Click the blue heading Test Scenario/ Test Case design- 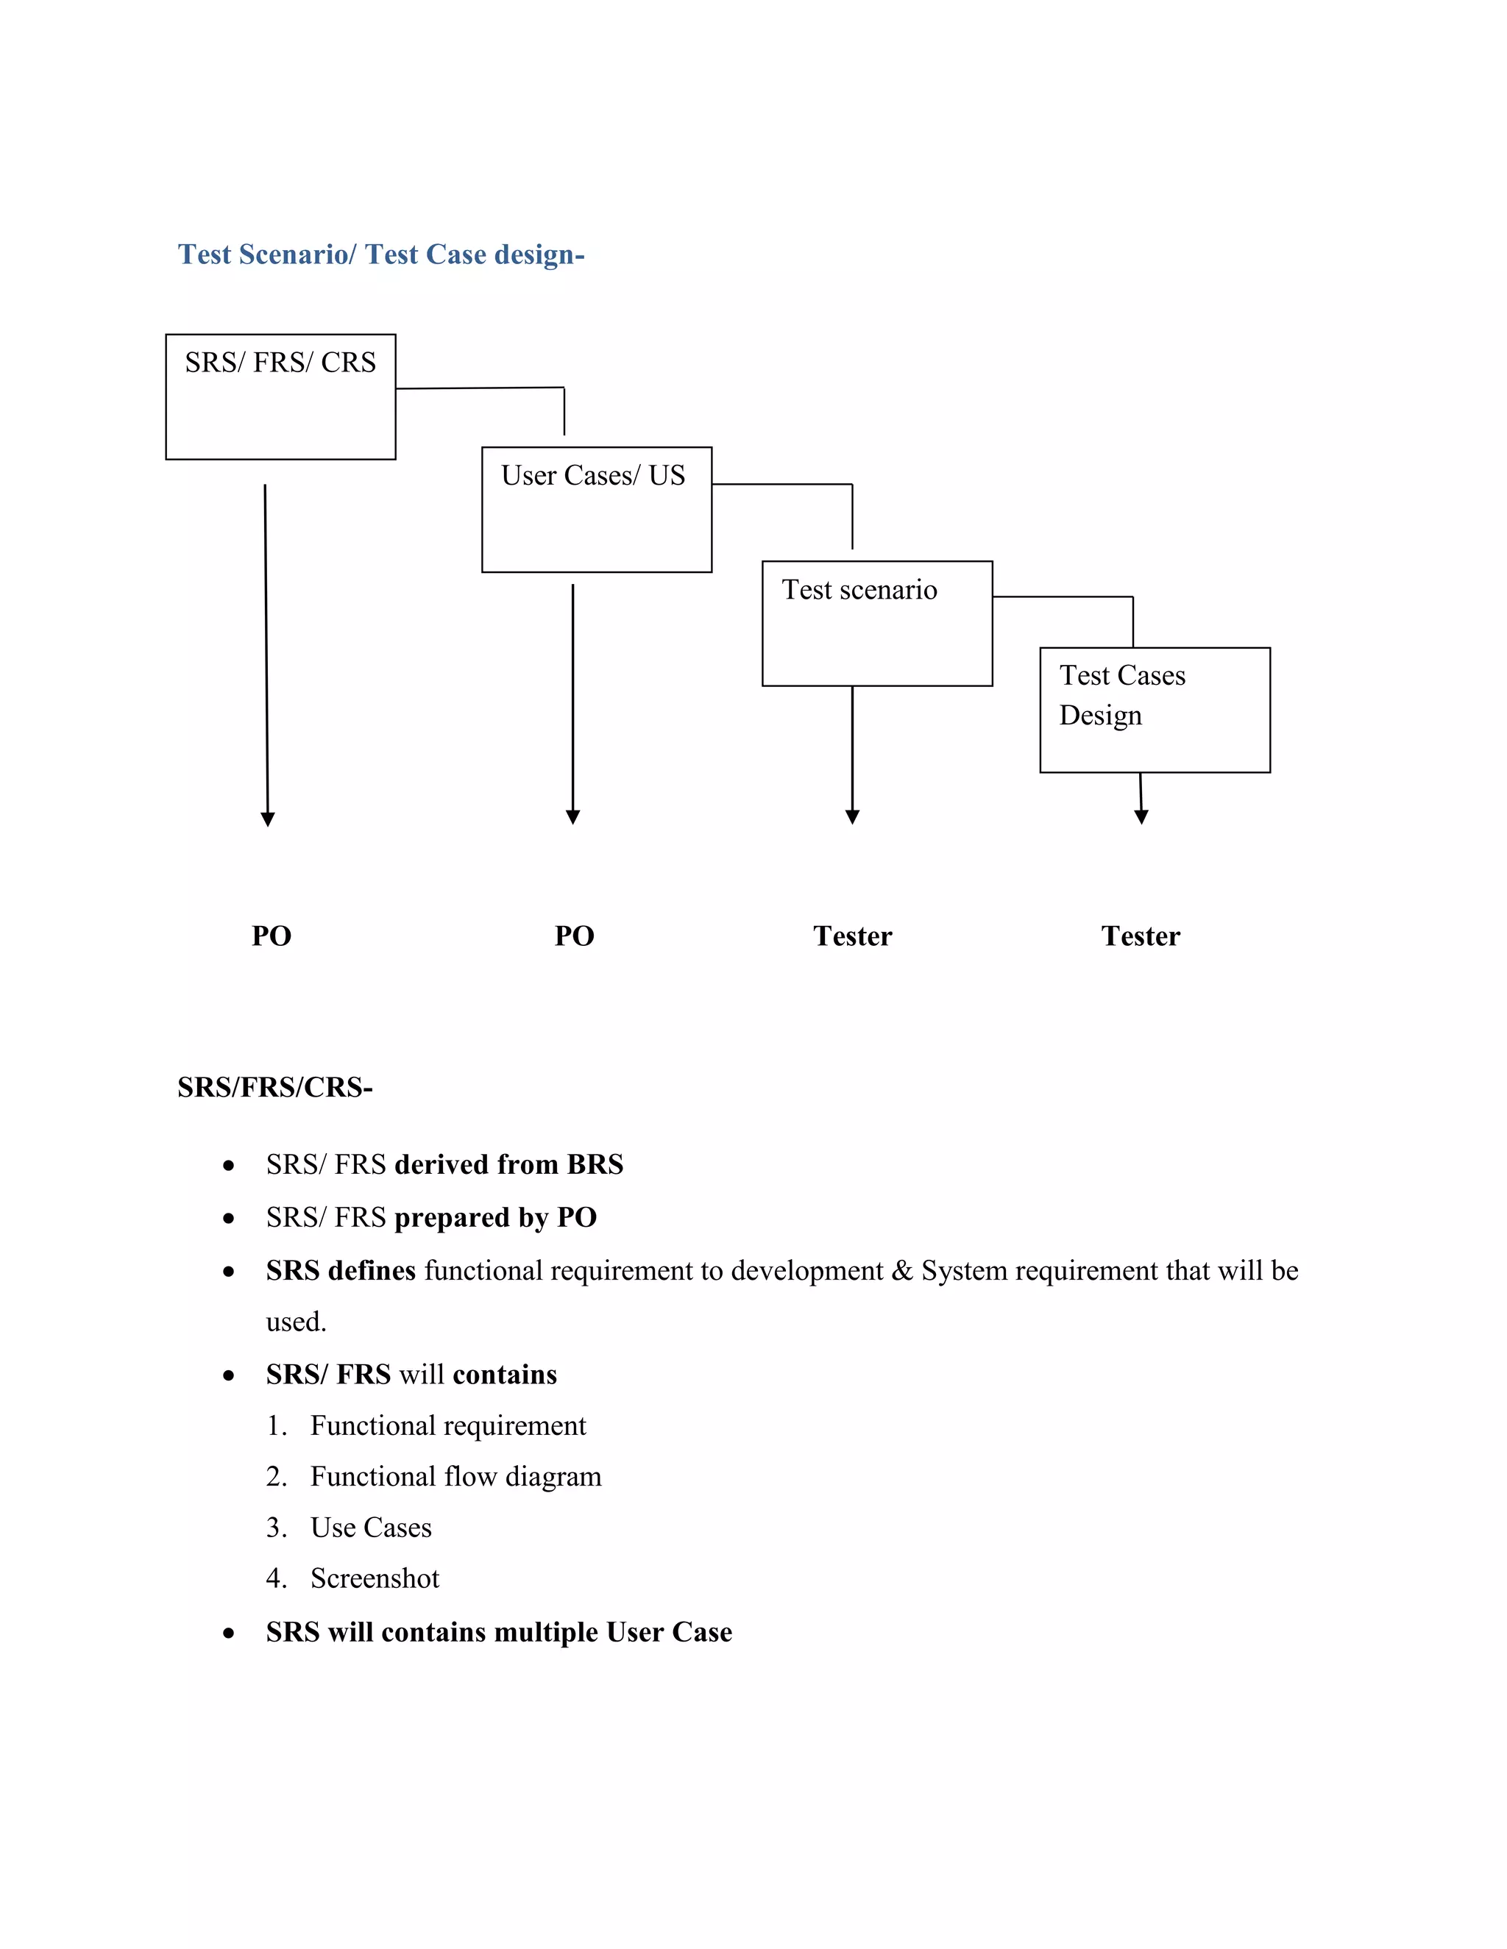(381, 254)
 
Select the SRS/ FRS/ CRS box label (280, 363)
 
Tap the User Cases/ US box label (593, 476)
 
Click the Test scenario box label (859, 590)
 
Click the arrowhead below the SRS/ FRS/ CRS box (268, 819)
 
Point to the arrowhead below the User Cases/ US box (573, 816)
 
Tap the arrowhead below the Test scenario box (853, 816)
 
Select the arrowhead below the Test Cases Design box (1141, 816)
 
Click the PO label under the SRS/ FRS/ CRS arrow (272, 936)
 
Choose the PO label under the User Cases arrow (574, 936)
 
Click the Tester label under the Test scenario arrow (853, 936)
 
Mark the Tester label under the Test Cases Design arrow (1140, 936)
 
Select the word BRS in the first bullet (595, 1164)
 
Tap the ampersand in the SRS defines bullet (901, 1271)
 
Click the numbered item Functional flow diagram (455, 1477)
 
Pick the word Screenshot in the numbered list (375, 1578)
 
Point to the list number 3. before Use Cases (276, 1528)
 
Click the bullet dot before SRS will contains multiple (230, 1633)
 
